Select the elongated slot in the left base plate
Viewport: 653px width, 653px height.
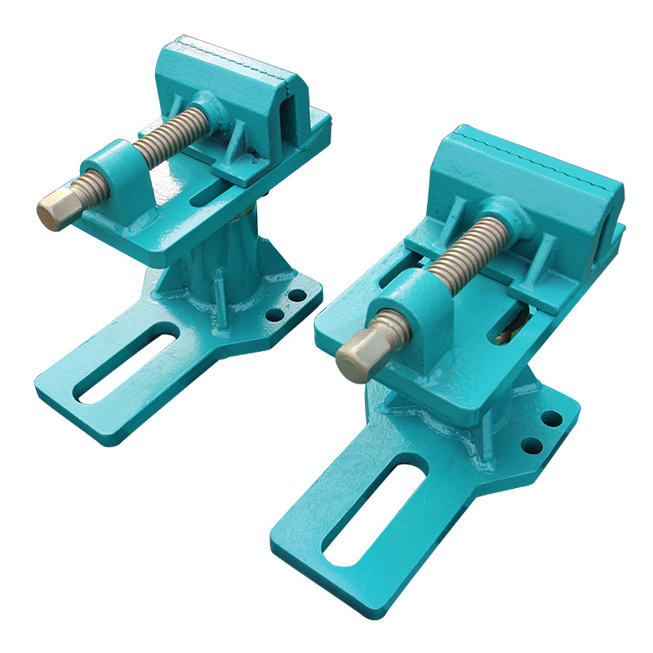coord(127,362)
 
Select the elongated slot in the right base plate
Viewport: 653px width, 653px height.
coord(374,515)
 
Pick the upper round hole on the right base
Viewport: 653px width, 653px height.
coord(552,419)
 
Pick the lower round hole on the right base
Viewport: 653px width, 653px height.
coord(532,446)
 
